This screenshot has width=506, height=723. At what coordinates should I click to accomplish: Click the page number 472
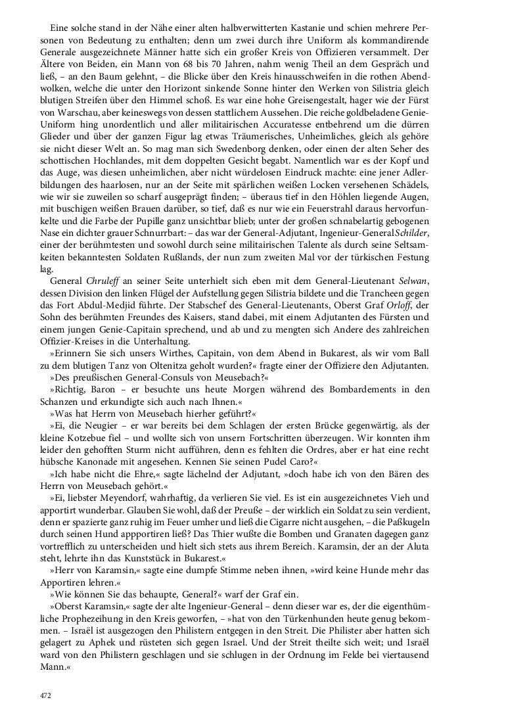[44, 696]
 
